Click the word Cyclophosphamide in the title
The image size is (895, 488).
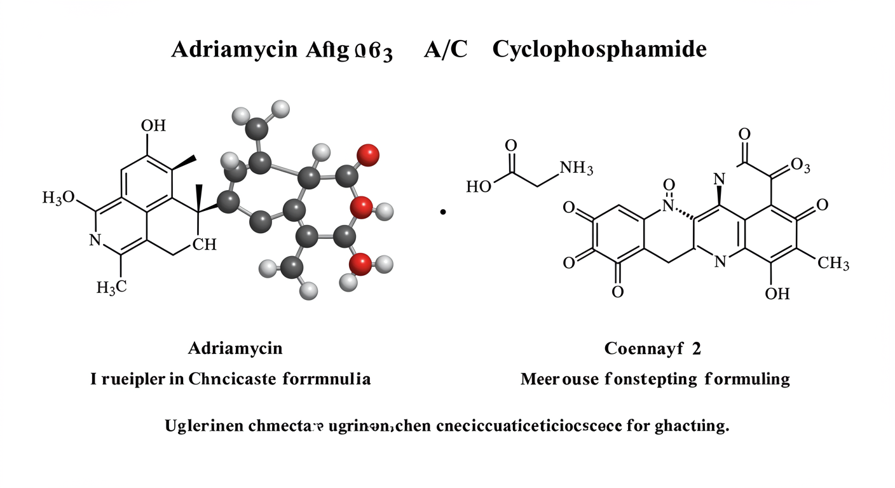[x=599, y=50]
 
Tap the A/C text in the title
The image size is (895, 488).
[x=445, y=50]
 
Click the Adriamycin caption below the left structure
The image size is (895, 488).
[x=235, y=348]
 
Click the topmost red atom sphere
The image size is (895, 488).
[x=368, y=154]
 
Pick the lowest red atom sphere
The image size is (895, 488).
[x=360, y=263]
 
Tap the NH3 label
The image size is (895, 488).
[x=575, y=168]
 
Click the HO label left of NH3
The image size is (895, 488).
[x=479, y=187]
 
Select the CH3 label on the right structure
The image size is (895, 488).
[x=833, y=263]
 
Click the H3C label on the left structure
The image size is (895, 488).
[x=112, y=287]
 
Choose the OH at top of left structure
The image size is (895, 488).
[x=153, y=125]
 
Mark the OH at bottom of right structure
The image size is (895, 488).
[x=777, y=294]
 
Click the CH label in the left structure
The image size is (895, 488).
[x=204, y=245]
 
